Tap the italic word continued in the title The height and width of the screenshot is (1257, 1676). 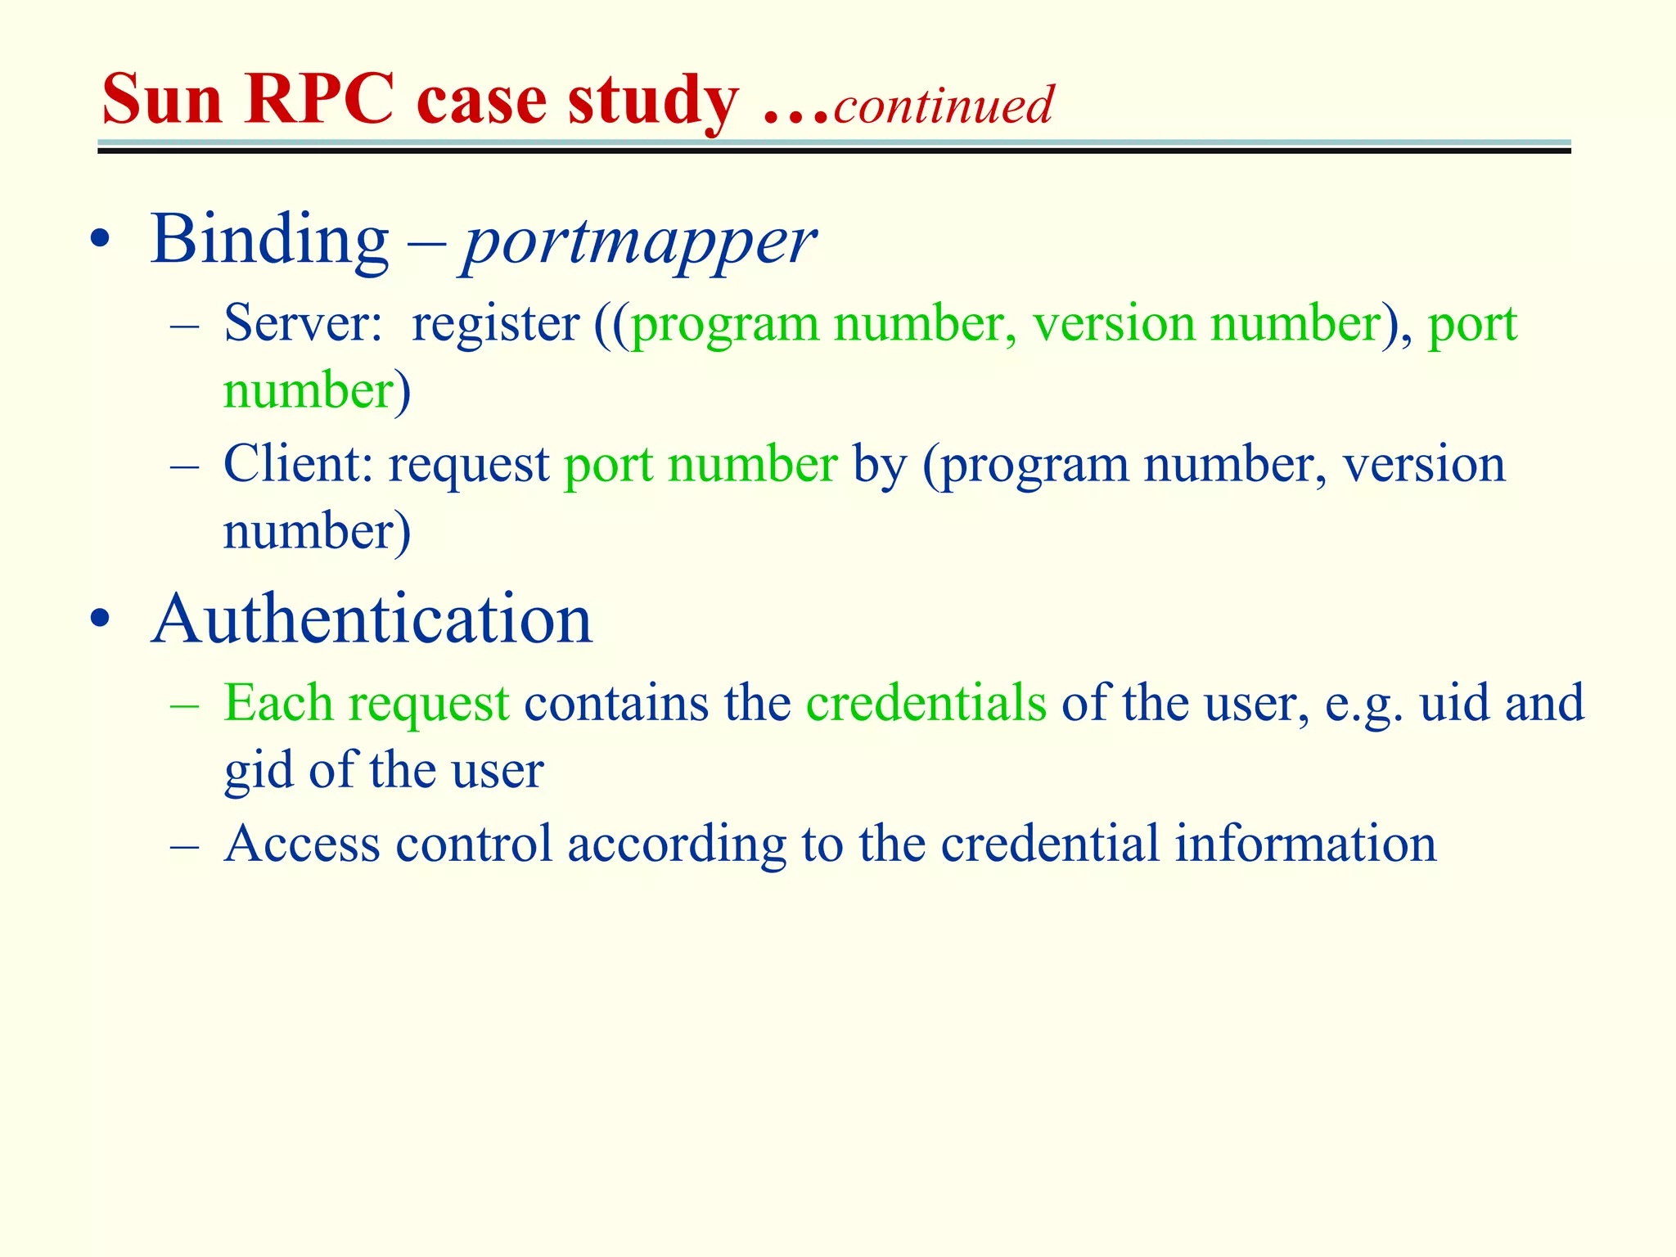[943, 106]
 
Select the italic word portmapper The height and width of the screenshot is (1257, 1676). [639, 243]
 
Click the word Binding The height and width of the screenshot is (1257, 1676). [269, 240]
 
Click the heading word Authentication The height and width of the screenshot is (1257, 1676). [372, 619]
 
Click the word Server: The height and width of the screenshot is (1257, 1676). [303, 323]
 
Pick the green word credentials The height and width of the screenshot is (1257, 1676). [926, 703]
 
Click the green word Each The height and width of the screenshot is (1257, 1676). [278, 703]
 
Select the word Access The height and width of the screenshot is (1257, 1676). [302, 844]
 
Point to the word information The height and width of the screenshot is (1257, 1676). [1305, 844]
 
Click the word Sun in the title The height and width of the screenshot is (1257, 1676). [162, 100]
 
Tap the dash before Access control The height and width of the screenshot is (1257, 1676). [185, 845]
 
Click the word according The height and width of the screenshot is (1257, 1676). [676, 845]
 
